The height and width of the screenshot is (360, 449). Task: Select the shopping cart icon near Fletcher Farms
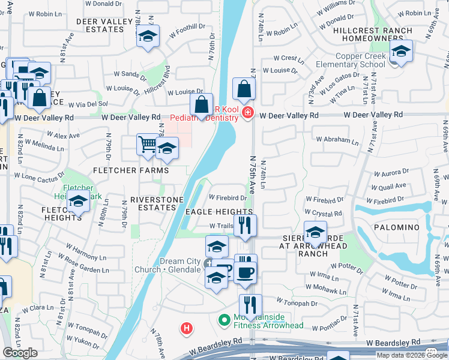pyautogui.click(x=148, y=145)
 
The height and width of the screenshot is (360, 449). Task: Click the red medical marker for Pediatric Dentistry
pyautogui.click(x=247, y=112)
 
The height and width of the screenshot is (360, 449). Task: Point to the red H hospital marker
pyautogui.click(x=187, y=328)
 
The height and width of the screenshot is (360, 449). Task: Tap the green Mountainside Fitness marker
pyautogui.click(x=224, y=320)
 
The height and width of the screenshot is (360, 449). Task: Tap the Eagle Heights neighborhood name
pyautogui.click(x=218, y=212)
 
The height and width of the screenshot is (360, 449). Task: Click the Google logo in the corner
pyautogui.click(x=20, y=352)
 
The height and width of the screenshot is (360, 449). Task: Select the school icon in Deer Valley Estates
pyautogui.click(x=148, y=37)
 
